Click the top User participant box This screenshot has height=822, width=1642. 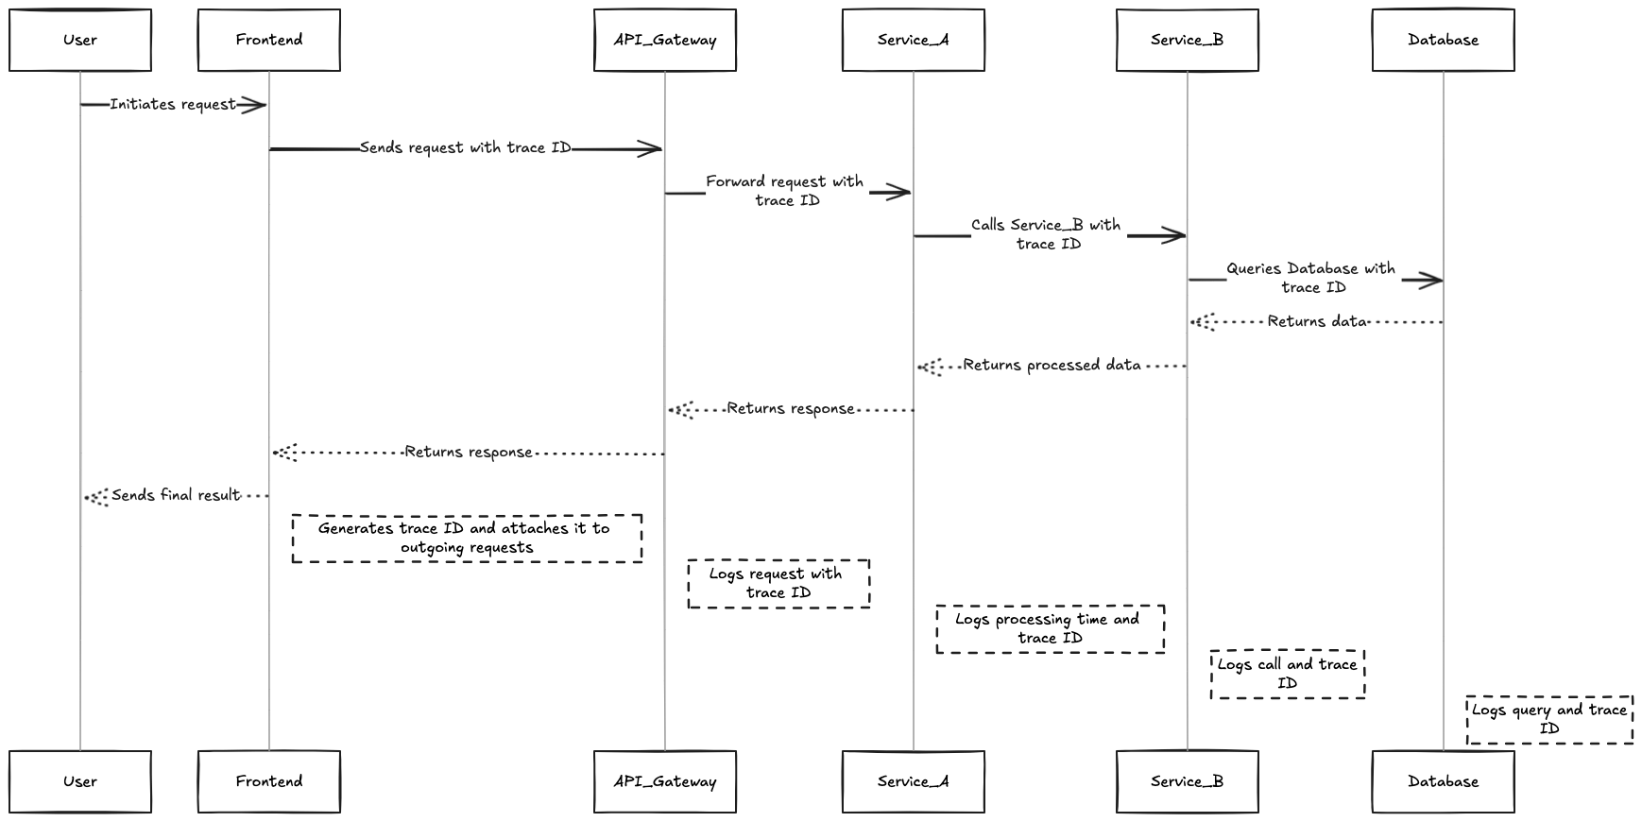[80, 40]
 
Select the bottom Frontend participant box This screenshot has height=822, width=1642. [269, 781]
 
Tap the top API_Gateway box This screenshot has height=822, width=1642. [665, 40]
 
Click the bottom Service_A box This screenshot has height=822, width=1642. [914, 781]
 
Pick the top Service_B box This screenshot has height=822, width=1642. [1188, 40]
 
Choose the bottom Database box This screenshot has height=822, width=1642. [1443, 781]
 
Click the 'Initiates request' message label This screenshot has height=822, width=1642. [172, 104]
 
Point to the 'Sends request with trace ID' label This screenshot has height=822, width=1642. [465, 147]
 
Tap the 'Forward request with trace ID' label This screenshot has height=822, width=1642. [785, 191]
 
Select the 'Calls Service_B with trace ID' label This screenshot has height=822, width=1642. [1047, 234]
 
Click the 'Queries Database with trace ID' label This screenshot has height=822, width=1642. [1311, 278]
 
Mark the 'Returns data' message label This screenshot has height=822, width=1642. [1317, 321]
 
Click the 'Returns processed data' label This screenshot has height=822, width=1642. [1052, 365]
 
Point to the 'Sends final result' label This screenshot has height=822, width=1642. [176, 495]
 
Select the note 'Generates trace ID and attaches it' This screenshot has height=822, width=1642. [467, 539]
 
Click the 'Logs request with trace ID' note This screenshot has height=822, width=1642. [778, 583]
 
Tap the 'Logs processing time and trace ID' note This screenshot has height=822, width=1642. [1050, 629]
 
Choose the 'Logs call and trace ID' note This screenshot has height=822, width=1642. [1288, 674]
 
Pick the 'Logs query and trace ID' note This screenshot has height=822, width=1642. [1549, 719]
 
